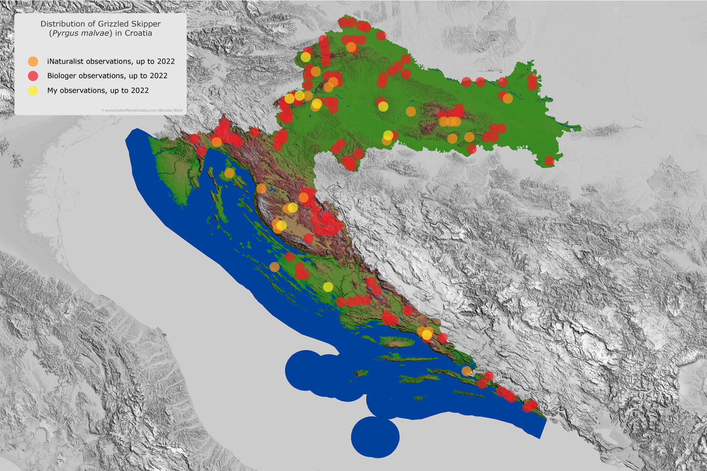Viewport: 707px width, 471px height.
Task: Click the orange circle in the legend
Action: click(33, 61)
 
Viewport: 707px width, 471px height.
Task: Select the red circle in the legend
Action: click(33, 76)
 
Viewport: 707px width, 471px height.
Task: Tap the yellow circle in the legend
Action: click(33, 90)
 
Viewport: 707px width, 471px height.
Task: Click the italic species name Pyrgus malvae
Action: click(81, 33)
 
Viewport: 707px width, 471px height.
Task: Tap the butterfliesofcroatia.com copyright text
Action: click(142, 110)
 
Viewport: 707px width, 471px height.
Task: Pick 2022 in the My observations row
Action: click(140, 90)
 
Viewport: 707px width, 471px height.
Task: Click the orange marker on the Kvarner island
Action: click(229, 173)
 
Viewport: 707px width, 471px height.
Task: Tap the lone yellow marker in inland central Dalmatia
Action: click(328, 287)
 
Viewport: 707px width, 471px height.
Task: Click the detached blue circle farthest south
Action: click(375, 437)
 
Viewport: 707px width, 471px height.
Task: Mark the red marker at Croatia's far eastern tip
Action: click(549, 161)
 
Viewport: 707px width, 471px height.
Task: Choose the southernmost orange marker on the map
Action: click(466, 371)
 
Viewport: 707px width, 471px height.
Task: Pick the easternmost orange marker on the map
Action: click(508, 98)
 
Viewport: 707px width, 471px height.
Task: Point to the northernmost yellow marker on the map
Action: click(305, 57)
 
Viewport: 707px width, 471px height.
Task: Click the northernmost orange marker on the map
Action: click(351, 47)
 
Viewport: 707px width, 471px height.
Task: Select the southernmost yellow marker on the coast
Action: click(427, 334)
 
